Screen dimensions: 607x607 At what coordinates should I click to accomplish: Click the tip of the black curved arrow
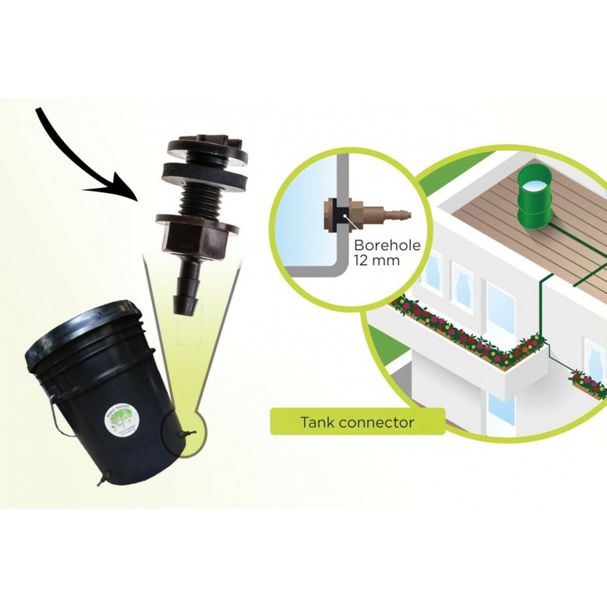click(138, 197)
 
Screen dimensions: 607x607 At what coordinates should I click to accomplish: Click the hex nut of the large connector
click(197, 234)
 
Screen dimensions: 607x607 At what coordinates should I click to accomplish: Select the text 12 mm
click(371, 262)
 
